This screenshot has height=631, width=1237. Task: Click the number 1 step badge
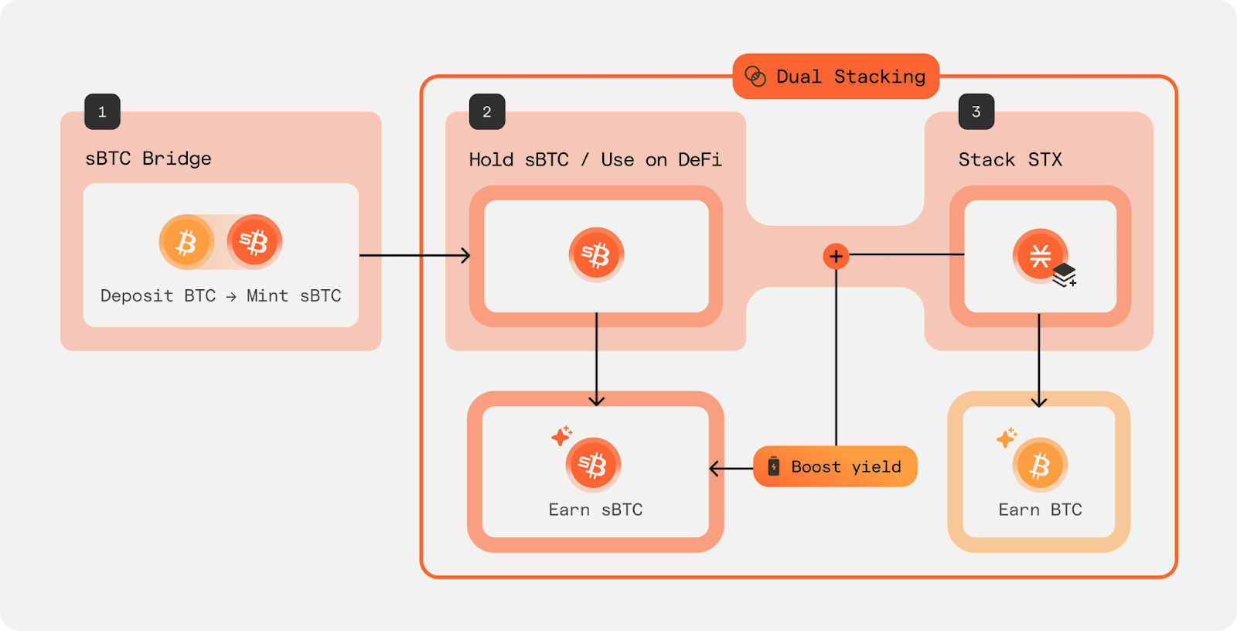102,112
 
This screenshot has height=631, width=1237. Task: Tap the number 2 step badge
487,112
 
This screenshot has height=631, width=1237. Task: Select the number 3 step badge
976,112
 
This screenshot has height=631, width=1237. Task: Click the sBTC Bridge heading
148,159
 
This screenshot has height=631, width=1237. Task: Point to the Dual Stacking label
850,77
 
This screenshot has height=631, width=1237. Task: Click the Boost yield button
835,466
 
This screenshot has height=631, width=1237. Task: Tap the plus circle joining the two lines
836,256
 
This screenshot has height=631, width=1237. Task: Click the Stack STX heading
1010,160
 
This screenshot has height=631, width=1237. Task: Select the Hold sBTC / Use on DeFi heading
595,160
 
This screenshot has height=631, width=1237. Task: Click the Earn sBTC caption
595,510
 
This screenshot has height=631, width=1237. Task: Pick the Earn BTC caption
1040,510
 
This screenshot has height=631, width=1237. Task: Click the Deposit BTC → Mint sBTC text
220,296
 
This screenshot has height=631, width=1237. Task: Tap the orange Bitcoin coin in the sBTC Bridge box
186,242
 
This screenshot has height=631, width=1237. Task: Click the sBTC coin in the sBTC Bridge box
254,242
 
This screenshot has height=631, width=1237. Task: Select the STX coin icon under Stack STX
1041,256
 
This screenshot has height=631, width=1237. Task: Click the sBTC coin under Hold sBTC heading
596,254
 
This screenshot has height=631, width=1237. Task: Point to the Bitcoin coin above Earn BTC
1040,466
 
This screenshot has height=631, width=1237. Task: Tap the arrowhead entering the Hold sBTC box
465,255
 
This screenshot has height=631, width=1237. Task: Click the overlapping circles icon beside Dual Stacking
755,77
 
